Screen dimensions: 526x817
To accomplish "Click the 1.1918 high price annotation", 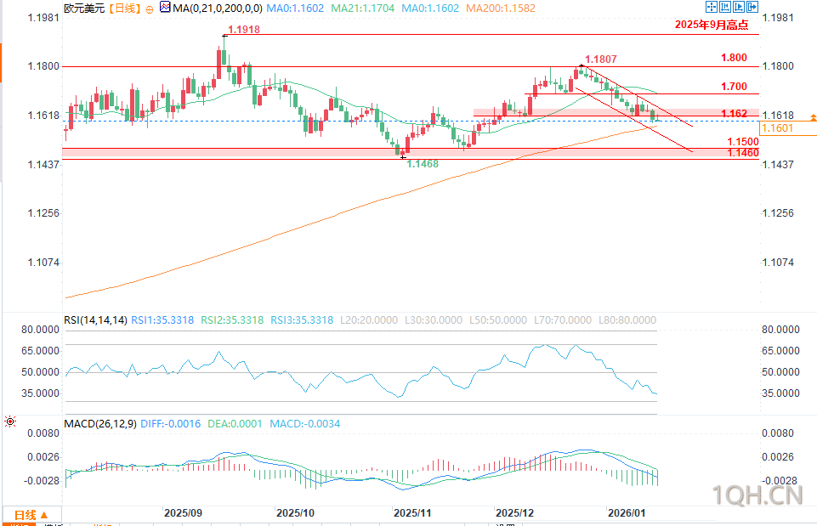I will point(244,30).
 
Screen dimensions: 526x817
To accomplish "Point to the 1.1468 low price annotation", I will point(423,163).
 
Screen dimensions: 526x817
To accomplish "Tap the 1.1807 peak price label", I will point(601,59).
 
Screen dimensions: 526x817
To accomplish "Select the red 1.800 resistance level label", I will point(733,58).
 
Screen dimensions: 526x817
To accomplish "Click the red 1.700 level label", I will point(733,87).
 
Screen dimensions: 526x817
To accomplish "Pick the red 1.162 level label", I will point(734,113).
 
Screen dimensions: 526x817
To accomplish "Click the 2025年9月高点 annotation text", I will point(712,25).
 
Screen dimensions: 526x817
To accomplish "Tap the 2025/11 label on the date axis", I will point(413,513).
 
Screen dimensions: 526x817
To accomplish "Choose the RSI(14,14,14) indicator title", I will point(95,320).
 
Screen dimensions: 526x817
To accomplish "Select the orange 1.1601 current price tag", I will point(777,128).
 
